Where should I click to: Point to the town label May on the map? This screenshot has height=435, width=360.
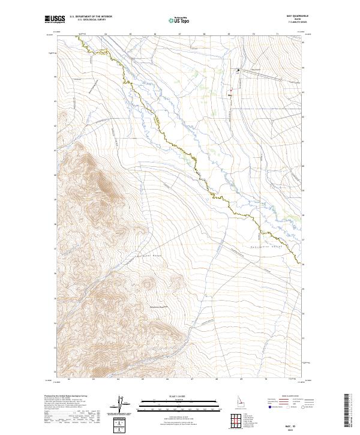[230, 93]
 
